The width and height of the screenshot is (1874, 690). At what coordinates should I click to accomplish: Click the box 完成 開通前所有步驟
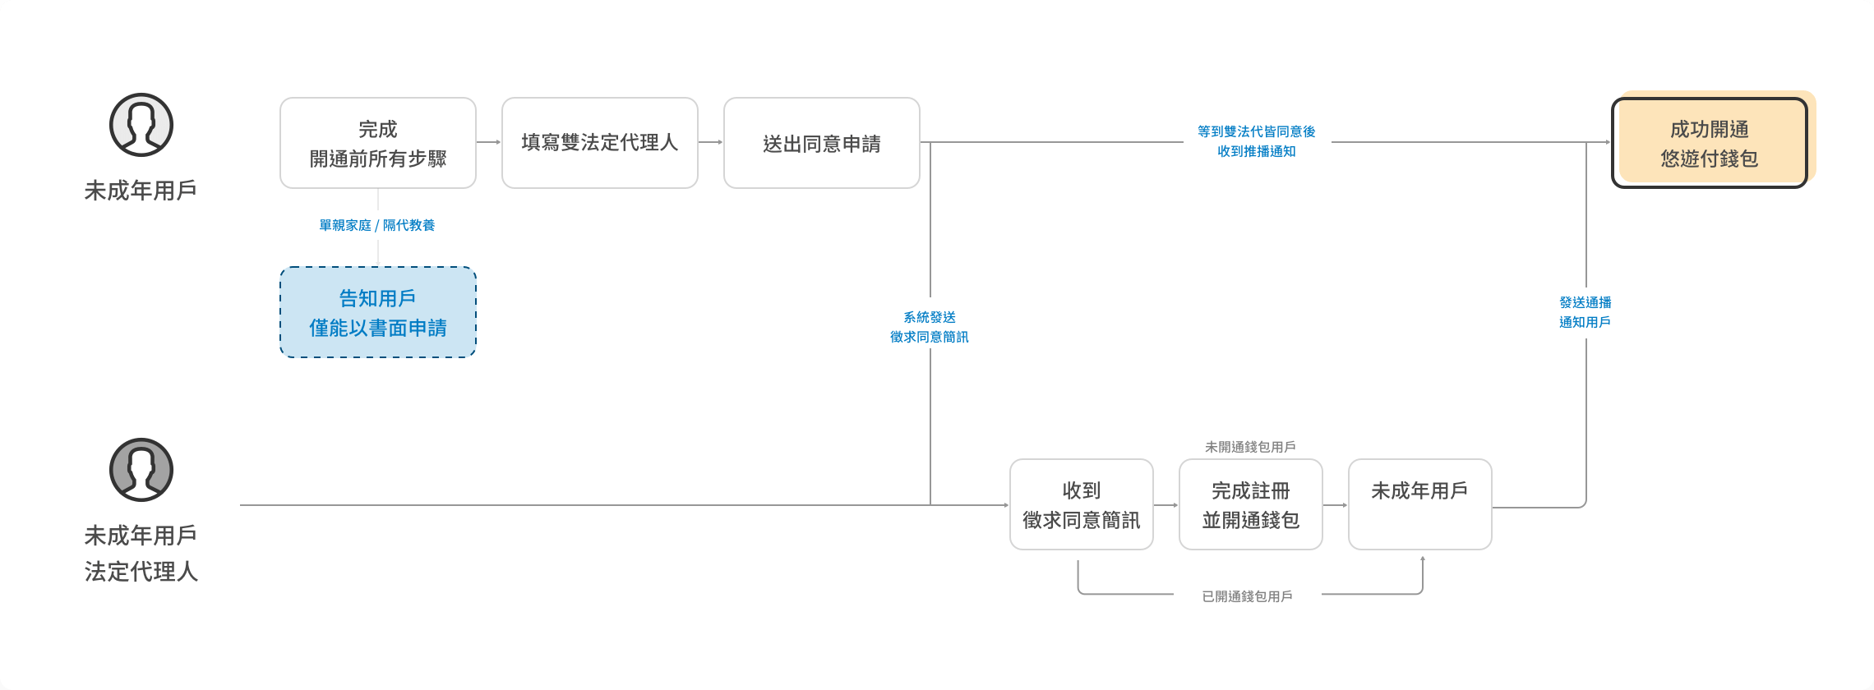[x=378, y=143]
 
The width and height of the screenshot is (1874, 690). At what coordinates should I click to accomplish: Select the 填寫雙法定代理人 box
[x=600, y=143]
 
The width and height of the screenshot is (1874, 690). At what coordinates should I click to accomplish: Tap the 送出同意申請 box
[x=822, y=143]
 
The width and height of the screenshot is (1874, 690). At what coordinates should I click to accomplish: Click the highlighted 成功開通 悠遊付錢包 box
[x=1710, y=143]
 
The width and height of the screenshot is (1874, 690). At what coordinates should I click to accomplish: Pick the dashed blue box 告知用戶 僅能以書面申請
[x=378, y=312]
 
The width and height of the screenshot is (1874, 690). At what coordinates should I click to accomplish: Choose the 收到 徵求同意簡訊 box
[x=1082, y=504]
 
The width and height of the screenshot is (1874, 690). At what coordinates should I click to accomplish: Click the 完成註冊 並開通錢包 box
[x=1251, y=504]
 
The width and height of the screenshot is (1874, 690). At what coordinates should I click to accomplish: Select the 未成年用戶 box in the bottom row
[x=1420, y=504]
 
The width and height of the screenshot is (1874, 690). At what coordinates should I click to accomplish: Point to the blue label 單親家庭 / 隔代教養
[x=377, y=225]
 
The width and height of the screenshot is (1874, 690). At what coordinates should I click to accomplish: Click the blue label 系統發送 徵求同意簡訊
[x=930, y=327]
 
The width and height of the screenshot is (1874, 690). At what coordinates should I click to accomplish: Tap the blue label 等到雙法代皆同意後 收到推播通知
[x=1257, y=141]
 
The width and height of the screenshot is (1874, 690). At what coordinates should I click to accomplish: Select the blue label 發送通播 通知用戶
[x=1586, y=312]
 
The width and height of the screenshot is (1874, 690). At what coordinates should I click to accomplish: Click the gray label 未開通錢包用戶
[x=1250, y=447]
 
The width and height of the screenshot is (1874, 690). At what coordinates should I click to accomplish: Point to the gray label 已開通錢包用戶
[x=1248, y=596]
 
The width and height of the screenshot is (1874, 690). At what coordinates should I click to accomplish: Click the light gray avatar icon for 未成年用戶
[x=141, y=125]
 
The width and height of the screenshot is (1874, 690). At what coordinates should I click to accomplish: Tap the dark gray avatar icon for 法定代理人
[x=141, y=470]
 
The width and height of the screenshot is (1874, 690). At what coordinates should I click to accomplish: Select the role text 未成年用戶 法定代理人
[x=141, y=554]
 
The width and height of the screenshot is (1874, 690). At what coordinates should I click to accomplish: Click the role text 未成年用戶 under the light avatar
[x=141, y=191]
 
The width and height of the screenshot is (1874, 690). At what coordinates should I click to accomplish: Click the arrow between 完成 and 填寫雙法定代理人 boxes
[x=489, y=142]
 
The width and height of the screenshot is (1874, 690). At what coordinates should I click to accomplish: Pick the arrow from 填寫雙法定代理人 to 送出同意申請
[x=711, y=142]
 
